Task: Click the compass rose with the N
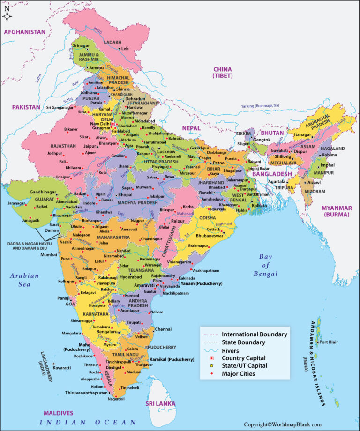pyautogui.click(x=7, y=14)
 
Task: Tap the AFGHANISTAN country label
pyautogui.click(x=24, y=32)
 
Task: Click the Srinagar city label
pyautogui.click(x=81, y=45)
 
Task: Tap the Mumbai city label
pyautogui.click(x=48, y=255)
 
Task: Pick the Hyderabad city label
pyautogui.click(x=130, y=277)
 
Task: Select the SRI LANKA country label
pyautogui.click(x=160, y=403)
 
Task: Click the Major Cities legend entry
pyautogui.click(x=239, y=373)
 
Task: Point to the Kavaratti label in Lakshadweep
pyautogui.click(x=61, y=368)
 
